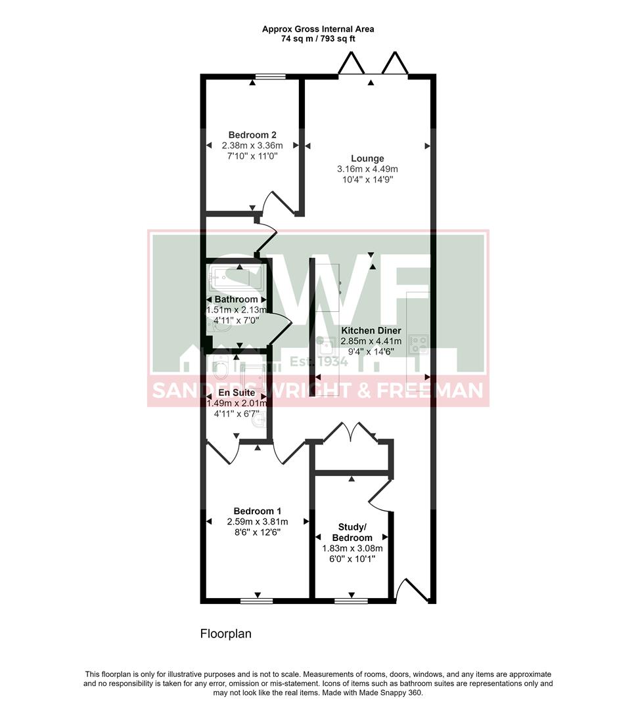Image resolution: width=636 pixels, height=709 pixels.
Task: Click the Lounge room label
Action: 367,158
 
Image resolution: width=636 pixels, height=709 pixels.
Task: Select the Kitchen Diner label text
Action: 371,330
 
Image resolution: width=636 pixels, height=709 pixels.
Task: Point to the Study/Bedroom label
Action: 355,532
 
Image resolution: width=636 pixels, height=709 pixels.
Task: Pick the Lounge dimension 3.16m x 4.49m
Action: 367,169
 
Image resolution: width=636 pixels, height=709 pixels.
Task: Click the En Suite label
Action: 237,393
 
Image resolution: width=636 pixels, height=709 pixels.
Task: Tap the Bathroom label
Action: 237,299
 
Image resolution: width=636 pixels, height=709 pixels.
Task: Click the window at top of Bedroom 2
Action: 270,77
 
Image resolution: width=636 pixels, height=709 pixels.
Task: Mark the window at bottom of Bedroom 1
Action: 257,600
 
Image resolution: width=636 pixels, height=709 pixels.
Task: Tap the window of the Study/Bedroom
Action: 351,600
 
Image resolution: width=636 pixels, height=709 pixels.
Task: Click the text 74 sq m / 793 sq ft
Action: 318,39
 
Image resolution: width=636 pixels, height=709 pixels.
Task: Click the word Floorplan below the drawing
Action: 225,634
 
